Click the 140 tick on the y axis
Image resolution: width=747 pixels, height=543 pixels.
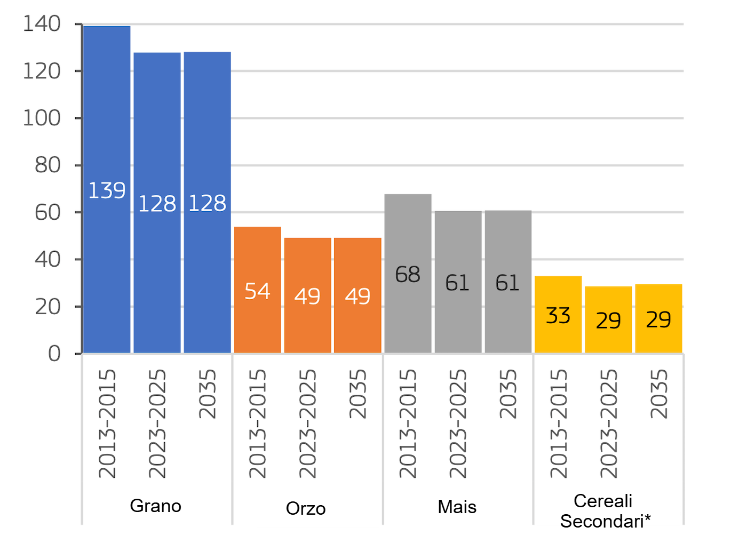[x=42, y=24]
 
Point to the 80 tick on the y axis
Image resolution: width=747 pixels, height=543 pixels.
[x=47, y=165]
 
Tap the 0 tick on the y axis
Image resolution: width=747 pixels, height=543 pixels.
[x=54, y=354]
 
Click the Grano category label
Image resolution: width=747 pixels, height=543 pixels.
[x=155, y=506]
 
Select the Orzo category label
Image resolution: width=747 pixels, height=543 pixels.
[x=306, y=508]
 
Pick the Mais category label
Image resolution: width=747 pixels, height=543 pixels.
[x=457, y=507]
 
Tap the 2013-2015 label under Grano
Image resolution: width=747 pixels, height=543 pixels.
[x=107, y=424]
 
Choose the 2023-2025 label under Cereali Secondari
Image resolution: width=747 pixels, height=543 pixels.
[x=608, y=424]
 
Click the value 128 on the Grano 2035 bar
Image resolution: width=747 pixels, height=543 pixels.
[x=208, y=203]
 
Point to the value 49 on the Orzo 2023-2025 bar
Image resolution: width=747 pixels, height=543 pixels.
[x=307, y=296]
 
